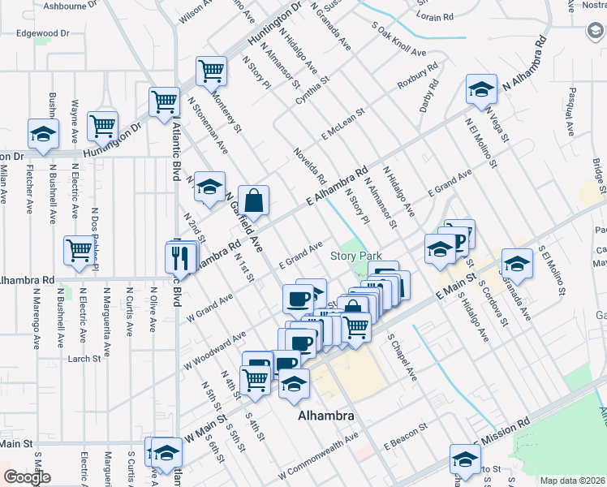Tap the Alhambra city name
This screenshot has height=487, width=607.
click(325, 416)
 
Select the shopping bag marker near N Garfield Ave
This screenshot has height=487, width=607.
click(254, 200)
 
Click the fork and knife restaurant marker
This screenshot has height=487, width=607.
click(181, 258)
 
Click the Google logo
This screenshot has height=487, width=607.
click(27, 477)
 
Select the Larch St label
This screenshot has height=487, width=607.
click(84, 357)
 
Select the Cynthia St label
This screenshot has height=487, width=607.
click(312, 91)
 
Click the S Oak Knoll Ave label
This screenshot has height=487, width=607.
click(397, 38)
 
